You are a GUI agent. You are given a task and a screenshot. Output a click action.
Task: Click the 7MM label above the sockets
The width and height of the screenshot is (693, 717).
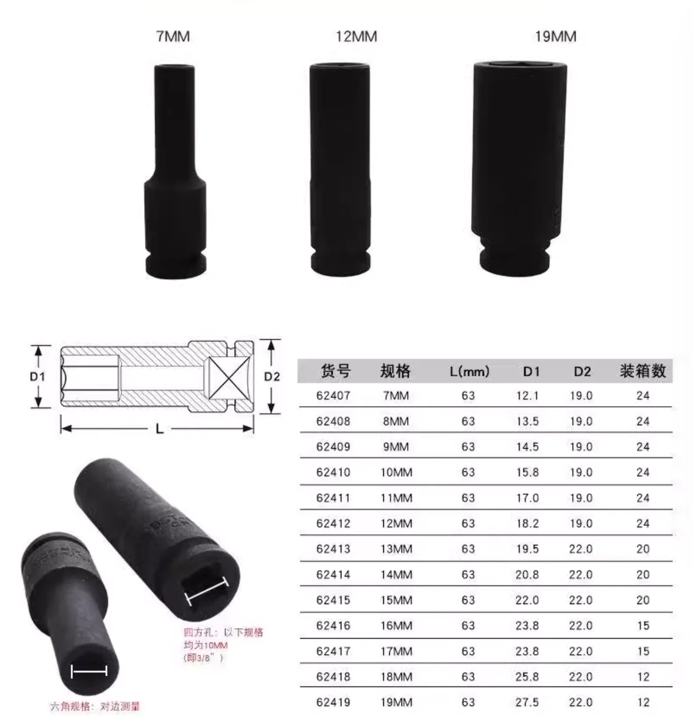point(172,37)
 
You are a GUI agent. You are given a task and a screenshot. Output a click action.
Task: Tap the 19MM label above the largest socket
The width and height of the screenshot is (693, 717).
point(555,37)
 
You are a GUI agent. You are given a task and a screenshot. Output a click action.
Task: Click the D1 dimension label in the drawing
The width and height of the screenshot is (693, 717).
point(37,376)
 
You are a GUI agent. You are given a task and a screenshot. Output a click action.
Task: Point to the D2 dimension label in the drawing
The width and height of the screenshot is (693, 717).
point(271,376)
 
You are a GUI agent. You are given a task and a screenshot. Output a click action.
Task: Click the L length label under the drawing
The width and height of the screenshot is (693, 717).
point(159,429)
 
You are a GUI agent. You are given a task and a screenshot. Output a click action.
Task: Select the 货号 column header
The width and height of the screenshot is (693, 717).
point(335,371)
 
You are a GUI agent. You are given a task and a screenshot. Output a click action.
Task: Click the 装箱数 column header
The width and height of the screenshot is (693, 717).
point(642,371)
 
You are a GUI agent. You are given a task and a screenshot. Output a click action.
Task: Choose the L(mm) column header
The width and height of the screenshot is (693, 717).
point(469,371)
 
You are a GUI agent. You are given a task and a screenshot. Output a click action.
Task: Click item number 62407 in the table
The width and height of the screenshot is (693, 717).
point(333,396)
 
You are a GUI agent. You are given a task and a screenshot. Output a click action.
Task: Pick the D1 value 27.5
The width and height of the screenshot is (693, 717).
point(527,702)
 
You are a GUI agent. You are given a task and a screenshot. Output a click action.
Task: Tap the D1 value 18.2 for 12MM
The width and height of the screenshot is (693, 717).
point(527,524)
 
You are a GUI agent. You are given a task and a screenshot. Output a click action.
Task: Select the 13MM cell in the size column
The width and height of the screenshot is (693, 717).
point(396,549)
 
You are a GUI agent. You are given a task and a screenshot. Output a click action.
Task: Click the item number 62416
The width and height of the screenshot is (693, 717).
point(333,626)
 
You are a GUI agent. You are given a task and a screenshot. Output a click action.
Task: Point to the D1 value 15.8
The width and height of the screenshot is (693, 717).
point(527,472)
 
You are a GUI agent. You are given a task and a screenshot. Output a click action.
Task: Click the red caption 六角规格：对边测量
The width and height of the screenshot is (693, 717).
point(95,706)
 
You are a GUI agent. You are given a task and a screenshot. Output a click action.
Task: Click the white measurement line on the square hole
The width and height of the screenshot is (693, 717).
point(206,591)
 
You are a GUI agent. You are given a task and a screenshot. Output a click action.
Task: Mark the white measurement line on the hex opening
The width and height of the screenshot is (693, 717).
point(89,671)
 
